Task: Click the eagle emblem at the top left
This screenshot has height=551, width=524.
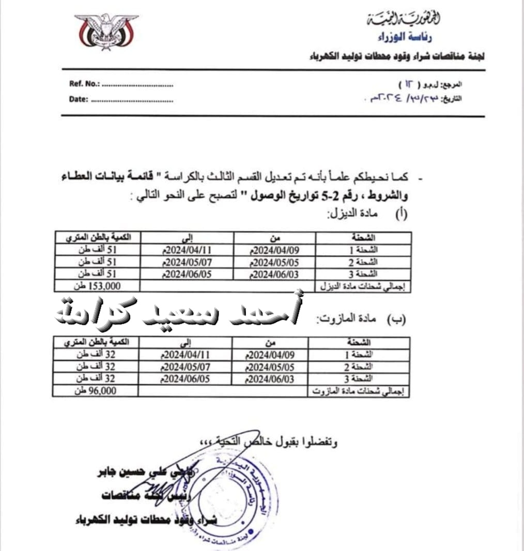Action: pyautogui.click(x=106, y=32)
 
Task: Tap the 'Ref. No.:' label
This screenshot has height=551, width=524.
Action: pyautogui.click(x=84, y=85)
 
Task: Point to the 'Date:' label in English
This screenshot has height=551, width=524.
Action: pyautogui.click(x=79, y=100)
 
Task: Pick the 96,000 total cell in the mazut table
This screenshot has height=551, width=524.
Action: pyautogui.click(x=96, y=391)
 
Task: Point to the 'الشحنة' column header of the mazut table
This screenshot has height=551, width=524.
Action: pyautogui.click(x=359, y=343)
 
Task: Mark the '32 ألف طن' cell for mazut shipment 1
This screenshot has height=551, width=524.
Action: pyautogui.click(x=96, y=355)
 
